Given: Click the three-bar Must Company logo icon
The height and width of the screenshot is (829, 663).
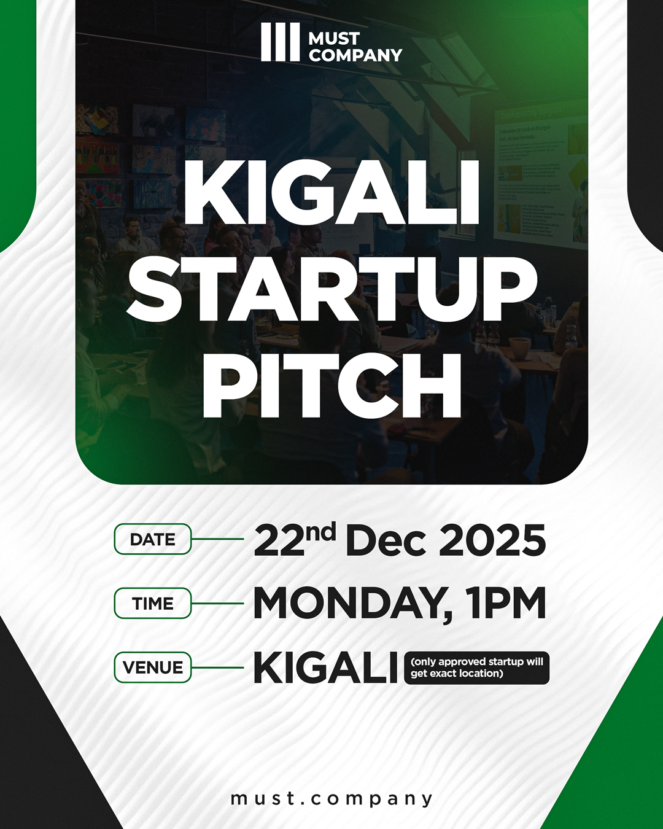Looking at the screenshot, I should pyautogui.click(x=280, y=42).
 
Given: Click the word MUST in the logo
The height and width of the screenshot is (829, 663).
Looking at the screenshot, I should pyautogui.click(x=333, y=38).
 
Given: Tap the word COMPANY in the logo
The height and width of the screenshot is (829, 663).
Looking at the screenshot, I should pyautogui.click(x=355, y=55).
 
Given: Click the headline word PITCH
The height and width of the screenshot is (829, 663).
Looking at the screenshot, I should pyautogui.click(x=331, y=385).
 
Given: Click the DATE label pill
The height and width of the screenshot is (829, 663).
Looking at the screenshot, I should pyautogui.click(x=153, y=539).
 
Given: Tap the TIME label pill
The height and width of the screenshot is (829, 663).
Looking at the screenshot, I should pyautogui.click(x=153, y=603).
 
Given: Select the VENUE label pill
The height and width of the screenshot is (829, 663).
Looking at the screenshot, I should pyautogui.click(x=153, y=667).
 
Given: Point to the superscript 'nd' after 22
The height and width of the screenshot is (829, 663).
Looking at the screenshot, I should pyautogui.click(x=320, y=532).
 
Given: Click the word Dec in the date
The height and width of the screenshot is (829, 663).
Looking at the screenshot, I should pyautogui.click(x=386, y=541).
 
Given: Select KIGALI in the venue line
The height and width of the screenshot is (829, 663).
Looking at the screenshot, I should pyautogui.click(x=325, y=668).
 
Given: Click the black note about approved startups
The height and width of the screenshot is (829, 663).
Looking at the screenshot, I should pyautogui.click(x=476, y=667).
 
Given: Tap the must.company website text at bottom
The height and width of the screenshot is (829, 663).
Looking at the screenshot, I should pyautogui.click(x=331, y=798).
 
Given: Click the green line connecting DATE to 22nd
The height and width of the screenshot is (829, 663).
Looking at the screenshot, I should pyautogui.click(x=217, y=539).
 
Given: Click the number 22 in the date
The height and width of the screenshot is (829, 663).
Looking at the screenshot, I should pyautogui.click(x=279, y=542).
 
